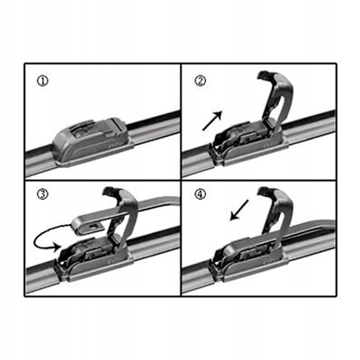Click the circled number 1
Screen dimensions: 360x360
click(42, 81)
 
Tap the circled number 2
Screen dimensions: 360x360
click(201, 81)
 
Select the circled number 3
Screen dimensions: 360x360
click(42, 194)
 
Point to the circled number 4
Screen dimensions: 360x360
click(201, 194)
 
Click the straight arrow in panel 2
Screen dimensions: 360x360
click(212, 121)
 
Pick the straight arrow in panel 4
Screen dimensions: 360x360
click(239, 210)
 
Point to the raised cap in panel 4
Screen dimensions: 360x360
click(275, 210)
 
